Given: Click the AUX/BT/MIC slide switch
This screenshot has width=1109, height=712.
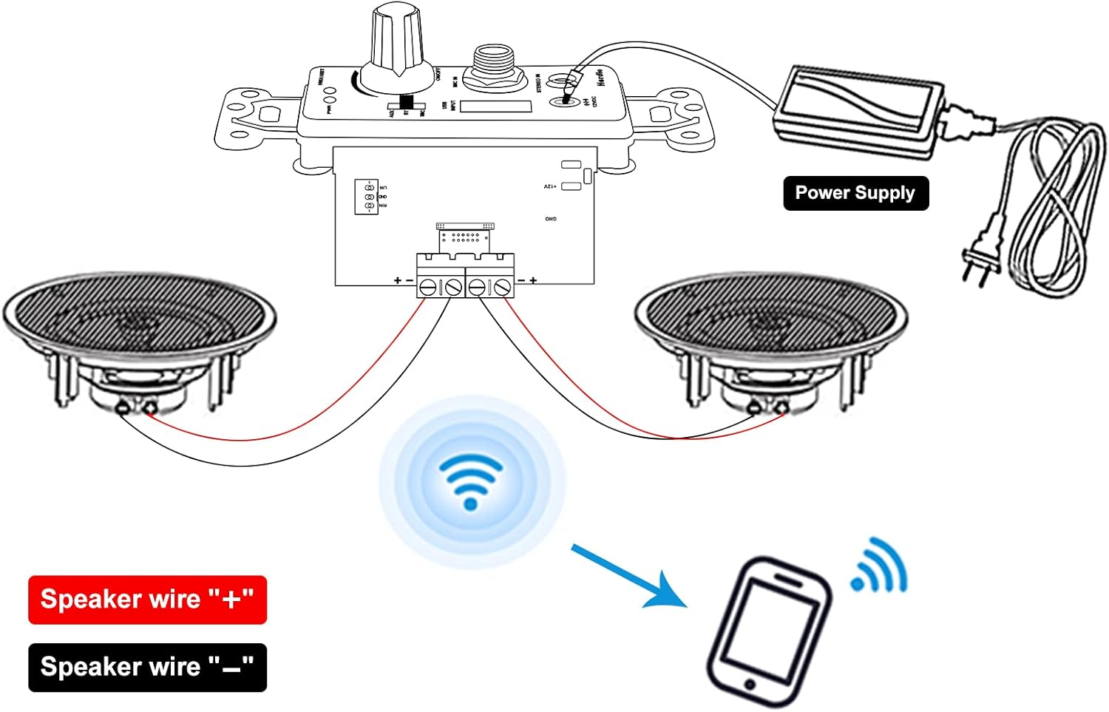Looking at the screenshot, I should coord(406,104).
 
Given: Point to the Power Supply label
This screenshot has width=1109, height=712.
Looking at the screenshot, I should coord(855,194).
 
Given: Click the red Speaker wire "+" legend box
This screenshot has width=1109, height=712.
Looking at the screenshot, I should coord(147,600).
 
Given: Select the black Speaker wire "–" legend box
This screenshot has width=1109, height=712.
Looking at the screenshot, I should coord(147,668).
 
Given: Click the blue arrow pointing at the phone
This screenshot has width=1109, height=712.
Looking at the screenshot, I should coord(628,577).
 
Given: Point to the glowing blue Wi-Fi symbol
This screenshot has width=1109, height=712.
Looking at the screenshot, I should coord(471,481).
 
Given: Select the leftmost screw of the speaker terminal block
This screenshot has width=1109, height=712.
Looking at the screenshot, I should coord(428,287).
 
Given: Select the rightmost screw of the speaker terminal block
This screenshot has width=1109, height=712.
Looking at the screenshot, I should coord(503,287).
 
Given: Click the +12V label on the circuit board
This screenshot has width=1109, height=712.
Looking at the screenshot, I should coord(550,187).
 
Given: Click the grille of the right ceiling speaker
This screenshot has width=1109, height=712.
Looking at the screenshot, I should coord(771,313).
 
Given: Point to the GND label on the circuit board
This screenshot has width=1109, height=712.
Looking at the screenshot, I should coord(551,219).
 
